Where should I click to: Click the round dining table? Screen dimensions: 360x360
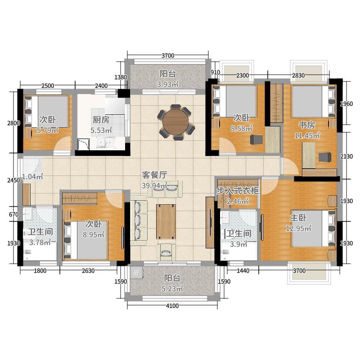(175, 122)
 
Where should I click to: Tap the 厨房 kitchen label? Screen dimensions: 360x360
(101, 120)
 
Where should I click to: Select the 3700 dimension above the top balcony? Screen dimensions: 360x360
(168, 55)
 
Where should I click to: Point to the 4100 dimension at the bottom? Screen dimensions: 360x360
(172, 306)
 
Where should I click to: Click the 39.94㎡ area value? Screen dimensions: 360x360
(154, 185)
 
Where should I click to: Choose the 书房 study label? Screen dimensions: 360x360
(307, 125)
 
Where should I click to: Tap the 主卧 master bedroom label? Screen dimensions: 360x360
(298, 218)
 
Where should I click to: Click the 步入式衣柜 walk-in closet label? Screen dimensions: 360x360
(238, 191)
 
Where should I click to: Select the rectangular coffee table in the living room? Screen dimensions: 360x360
(166, 221)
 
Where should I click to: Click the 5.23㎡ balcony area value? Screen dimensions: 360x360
(172, 288)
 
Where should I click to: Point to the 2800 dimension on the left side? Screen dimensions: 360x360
(13, 123)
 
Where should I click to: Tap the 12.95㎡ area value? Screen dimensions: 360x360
(298, 228)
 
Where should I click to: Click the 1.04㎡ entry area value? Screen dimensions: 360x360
(32, 177)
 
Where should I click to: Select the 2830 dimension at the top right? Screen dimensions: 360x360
(298, 76)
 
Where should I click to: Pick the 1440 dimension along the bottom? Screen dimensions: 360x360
(243, 271)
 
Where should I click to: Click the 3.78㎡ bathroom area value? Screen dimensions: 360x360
(40, 242)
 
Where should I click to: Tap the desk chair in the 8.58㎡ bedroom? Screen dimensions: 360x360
(256, 139)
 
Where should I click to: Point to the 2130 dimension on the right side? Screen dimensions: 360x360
(346, 157)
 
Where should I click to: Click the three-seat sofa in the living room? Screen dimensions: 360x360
(139, 220)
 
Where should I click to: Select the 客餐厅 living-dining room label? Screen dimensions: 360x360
(154, 175)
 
